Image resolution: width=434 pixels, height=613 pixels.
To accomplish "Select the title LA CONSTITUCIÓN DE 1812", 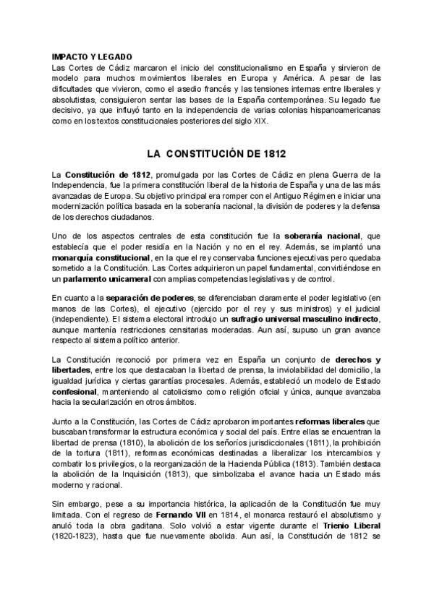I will coord(216,154).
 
